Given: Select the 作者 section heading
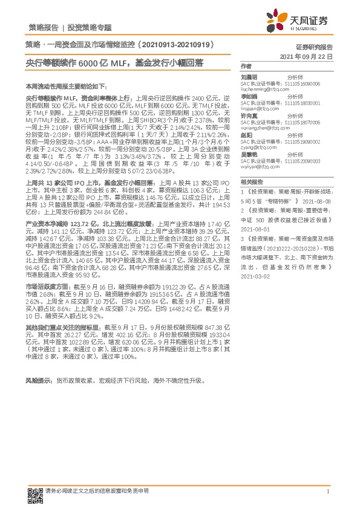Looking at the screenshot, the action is (246, 66).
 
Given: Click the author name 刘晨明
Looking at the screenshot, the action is (249, 77).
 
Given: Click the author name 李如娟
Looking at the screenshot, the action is (249, 96).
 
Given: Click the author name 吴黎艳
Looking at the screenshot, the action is (249, 155).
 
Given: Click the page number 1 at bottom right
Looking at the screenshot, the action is (327, 491).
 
